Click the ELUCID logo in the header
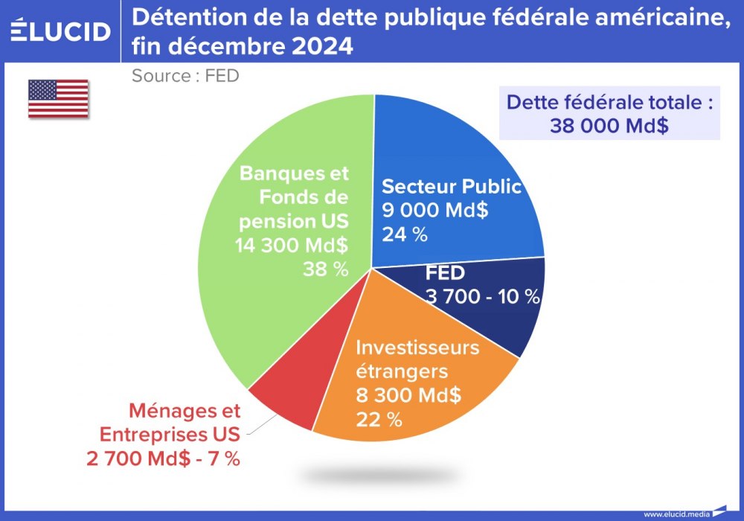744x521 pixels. (61, 31)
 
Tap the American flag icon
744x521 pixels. (58, 98)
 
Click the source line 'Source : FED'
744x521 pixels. (185, 75)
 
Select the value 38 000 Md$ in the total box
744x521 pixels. (609, 125)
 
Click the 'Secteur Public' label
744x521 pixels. (451, 186)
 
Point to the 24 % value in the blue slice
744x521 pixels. (405, 234)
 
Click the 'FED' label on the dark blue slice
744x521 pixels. (445, 273)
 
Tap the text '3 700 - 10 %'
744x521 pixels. (482, 296)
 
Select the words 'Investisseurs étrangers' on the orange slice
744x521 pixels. (417, 359)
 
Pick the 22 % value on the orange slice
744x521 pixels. (379, 419)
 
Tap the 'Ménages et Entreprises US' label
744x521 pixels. (170, 423)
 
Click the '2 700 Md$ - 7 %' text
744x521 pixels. (163, 458)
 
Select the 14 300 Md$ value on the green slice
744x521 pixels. (292, 245)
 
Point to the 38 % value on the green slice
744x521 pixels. (325, 269)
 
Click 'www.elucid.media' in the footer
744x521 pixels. (676, 514)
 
